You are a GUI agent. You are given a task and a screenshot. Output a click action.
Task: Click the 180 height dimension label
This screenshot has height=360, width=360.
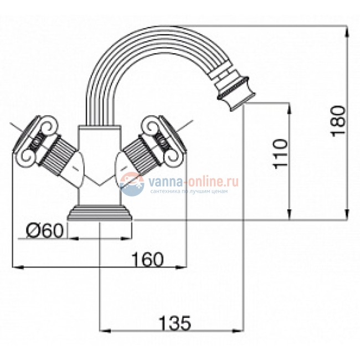click(338, 121)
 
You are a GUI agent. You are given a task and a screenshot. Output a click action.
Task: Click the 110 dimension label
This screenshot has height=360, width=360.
click(281, 154)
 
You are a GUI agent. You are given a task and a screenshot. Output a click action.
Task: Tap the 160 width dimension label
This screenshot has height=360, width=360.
click(147, 259)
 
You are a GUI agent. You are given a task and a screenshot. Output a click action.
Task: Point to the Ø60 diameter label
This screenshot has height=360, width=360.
click(44, 231)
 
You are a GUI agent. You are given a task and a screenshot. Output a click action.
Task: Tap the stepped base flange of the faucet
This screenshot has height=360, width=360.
click(100, 212)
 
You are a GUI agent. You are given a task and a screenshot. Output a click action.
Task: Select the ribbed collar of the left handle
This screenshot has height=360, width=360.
click(58, 156)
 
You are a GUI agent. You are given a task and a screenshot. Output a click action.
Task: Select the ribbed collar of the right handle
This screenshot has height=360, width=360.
click(141, 156)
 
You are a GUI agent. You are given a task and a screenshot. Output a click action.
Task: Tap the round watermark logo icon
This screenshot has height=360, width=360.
click(132, 184)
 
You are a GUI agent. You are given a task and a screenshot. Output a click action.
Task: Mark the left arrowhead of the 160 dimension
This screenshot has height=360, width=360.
click(18, 267)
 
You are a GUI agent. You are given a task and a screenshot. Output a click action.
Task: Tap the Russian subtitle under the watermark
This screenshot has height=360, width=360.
click(189, 191)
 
